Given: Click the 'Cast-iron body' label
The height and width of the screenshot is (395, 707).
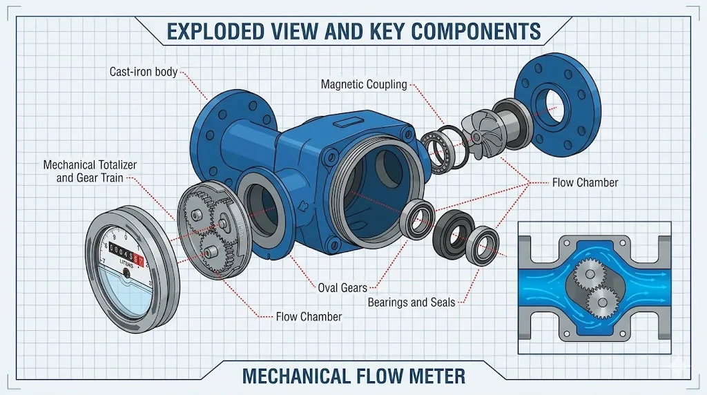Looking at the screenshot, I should coord(144,72).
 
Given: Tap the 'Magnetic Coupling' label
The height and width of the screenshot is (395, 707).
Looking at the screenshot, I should coord(365,84).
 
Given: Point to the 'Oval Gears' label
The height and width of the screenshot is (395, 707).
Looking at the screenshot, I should coord(342,287).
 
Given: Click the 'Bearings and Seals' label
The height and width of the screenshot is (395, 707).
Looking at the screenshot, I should coord(411,302).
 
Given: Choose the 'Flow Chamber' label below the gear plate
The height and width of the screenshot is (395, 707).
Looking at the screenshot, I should coord(309,317).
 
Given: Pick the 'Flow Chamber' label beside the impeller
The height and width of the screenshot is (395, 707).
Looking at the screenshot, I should coord(585,183).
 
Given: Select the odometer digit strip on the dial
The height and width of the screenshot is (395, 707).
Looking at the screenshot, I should coord(127,251).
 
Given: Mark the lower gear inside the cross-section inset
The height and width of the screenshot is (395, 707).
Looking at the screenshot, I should coord(602,303).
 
